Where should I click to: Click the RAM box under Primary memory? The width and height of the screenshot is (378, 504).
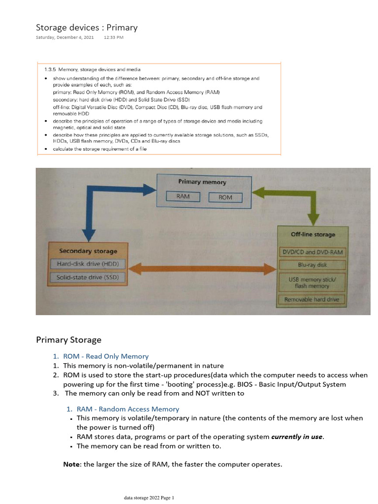click(183, 196)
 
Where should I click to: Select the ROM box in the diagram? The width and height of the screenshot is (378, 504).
click(225, 197)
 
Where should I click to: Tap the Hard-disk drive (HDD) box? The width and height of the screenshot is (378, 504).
click(88, 264)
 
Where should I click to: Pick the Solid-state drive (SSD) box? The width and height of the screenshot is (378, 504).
click(88, 277)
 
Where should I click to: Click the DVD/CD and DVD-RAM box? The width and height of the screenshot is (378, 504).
click(313, 252)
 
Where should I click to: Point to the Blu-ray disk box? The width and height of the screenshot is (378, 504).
click(313, 265)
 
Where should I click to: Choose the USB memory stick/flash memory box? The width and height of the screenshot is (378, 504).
click(313, 282)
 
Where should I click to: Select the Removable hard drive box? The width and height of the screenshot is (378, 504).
click(313, 299)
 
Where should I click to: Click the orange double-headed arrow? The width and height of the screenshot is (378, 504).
click(201, 269)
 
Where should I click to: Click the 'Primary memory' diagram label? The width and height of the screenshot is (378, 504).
click(202, 182)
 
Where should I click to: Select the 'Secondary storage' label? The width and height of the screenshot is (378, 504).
click(88, 251)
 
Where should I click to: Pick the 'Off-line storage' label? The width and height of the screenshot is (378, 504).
click(313, 234)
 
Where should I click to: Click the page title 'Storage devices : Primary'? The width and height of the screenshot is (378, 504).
click(87, 28)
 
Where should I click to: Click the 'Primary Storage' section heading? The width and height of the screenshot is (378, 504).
click(68, 340)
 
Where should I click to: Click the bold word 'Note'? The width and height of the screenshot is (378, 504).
click(72, 464)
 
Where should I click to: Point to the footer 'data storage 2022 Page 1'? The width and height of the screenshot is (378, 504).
click(149, 498)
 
